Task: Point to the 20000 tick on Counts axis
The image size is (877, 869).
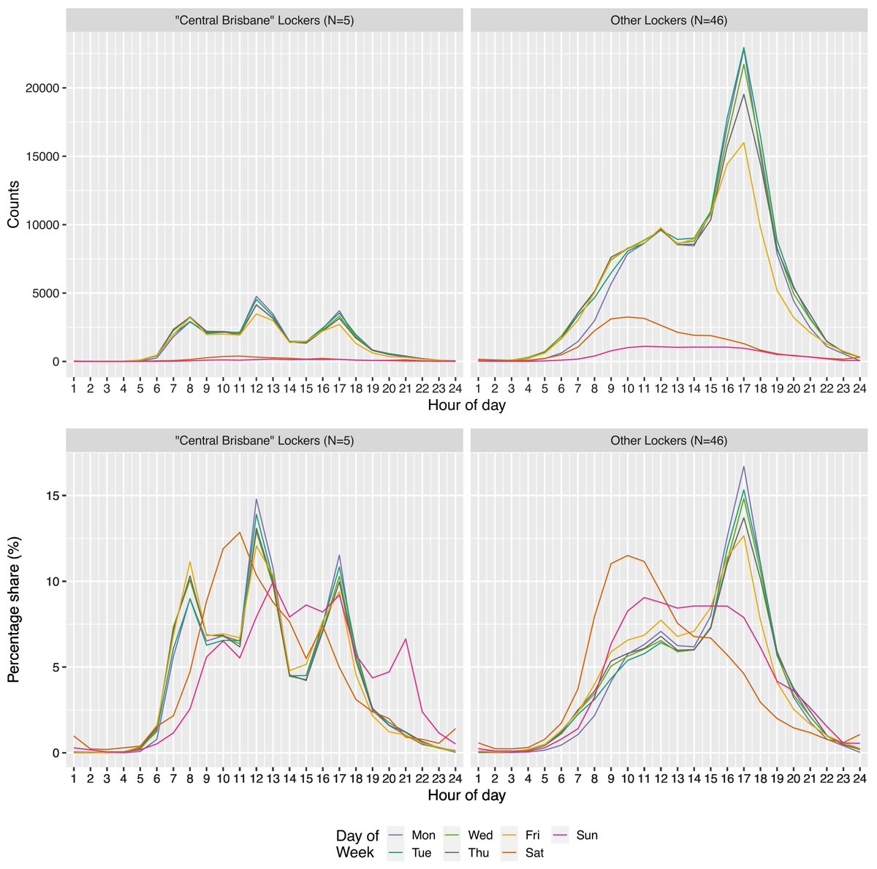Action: click(x=48, y=88)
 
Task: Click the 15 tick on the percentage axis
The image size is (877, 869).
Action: click(x=53, y=496)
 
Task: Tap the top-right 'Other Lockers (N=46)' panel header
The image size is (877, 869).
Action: click(x=668, y=20)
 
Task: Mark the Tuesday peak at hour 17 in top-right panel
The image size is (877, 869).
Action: click(x=743, y=48)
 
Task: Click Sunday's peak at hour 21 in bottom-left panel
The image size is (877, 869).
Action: click(x=406, y=639)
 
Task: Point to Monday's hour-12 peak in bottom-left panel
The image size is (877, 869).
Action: click(x=257, y=499)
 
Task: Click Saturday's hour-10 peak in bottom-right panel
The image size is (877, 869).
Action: click(x=627, y=555)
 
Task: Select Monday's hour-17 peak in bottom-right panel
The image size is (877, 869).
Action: click(x=743, y=466)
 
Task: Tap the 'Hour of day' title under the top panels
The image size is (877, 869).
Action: click(x=466, y=404)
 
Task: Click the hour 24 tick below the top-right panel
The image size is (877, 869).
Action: click(x=859, y=387)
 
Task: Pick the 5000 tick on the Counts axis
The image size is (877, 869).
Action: click(x=50, y=293)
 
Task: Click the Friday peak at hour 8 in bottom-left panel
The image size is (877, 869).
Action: click(x=190, y=562)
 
